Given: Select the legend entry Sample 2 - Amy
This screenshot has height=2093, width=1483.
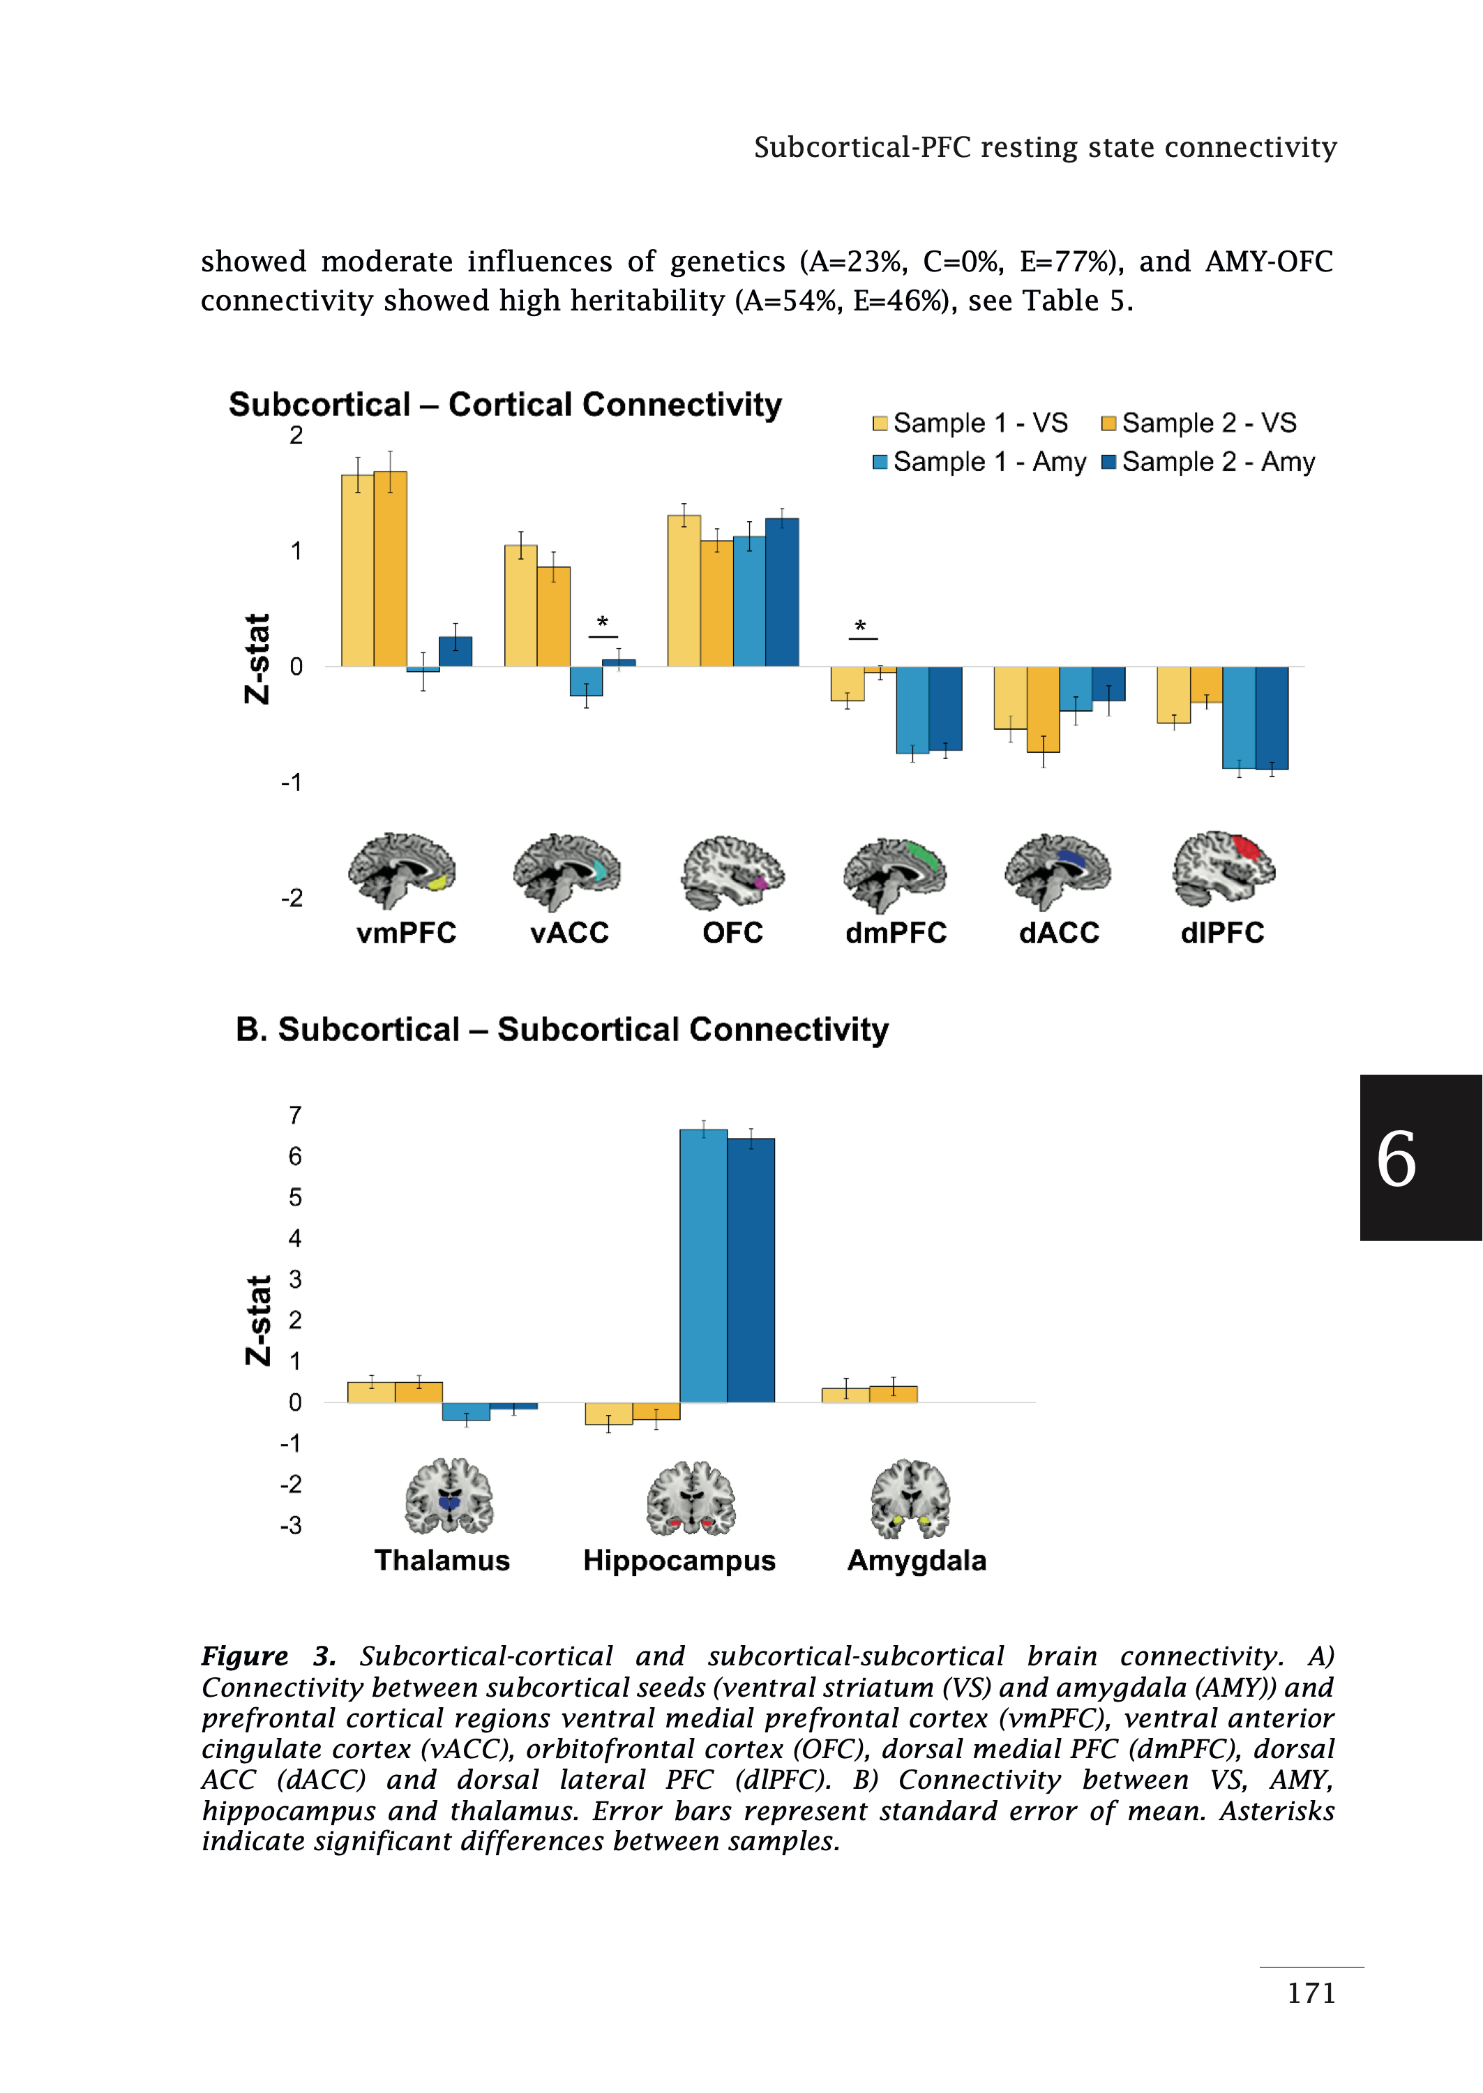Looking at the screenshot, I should click(x=1208, y=462).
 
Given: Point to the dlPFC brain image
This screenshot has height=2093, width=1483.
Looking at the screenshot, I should click(x=1223, y=867).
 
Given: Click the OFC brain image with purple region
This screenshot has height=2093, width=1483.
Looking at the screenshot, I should click(x=732, y=870).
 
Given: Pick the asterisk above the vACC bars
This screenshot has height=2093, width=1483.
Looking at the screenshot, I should click(x=603, y=623).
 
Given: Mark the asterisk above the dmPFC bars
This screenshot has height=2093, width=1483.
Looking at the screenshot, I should click(x=860, y=627).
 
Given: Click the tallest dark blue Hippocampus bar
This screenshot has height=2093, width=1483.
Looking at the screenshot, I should click(x=751, y=1269).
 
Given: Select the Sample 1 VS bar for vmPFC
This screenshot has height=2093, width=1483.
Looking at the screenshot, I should click(x=357, y=571).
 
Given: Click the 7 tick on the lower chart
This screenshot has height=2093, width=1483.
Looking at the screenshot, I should click(x=295, y=1115).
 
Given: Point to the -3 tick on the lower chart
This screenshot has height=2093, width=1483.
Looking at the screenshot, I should click(x=292, y=1526).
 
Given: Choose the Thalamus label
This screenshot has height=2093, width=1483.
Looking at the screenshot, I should click(x=442, y=1561).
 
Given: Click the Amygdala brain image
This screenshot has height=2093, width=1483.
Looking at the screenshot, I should click(x=910, y=1499).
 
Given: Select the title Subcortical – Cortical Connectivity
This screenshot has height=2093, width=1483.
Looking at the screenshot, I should click(x=505, y=405).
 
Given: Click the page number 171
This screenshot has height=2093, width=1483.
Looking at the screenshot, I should click(x=1311, y=1993).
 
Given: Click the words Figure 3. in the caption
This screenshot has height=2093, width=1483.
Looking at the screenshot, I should click(x=269, y=1656).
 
